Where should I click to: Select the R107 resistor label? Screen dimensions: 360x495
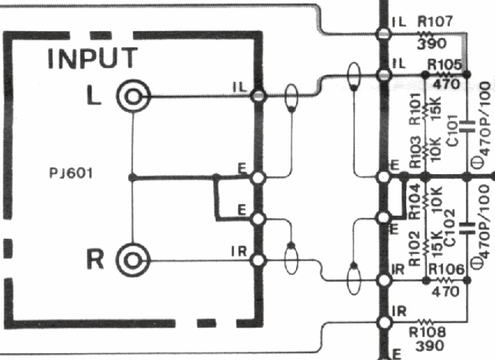pos(434,22)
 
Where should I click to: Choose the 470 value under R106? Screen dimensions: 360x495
pos(444,291)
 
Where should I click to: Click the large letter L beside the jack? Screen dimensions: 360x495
pos(94,96)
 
